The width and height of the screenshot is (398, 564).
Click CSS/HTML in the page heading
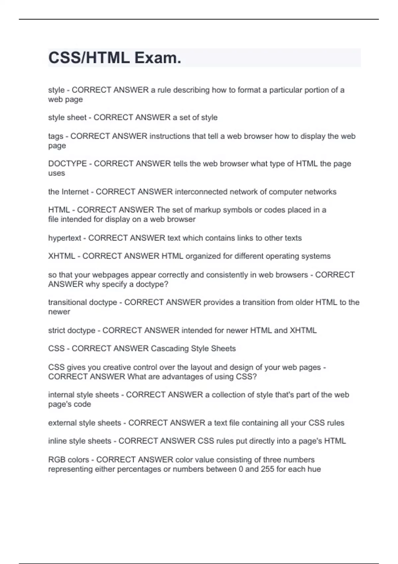click(x=89, y=58)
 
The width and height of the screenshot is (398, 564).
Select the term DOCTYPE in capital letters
click(x=67, y=164)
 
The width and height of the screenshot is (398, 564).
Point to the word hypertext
click(x=65, y=238)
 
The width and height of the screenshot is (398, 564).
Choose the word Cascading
click(x=169, y=349)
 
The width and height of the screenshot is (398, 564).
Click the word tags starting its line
click(x=55, y=136)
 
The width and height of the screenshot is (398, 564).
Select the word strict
click(x=57, y=330)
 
